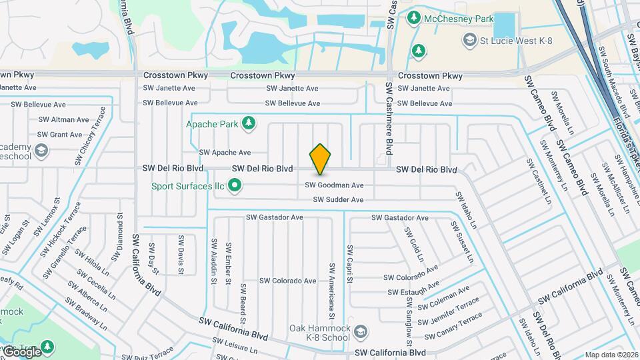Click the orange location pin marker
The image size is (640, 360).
(x=320, y=160)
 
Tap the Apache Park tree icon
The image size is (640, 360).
(x=249, y=123)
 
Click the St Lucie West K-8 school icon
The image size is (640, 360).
(x=470, y=41)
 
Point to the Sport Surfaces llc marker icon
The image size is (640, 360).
(x=234, y=186)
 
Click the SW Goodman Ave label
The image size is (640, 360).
(x=335, y=185)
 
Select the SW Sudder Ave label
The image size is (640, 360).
(x=338, y=199)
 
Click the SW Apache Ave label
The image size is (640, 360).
(x=225, y=153)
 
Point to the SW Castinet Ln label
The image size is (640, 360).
(x=539, y=181)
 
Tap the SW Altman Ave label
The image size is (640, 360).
(x=63, y=120)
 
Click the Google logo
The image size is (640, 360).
(x=21, y=351)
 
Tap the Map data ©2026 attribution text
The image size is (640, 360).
(x=611, y=355)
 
